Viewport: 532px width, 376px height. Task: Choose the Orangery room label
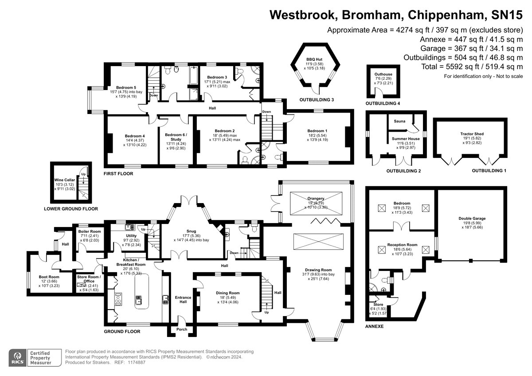click(314, 198)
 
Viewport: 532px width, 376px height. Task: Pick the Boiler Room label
click(90, 231)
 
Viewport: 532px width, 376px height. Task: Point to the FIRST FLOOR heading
click(118, 174)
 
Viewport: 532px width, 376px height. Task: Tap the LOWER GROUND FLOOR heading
click(71, 208)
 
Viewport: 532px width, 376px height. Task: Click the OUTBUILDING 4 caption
click(383, 104)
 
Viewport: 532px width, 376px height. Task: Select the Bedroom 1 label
click(317, 131)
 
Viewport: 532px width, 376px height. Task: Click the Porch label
click(182, 329)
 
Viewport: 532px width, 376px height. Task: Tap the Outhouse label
click(382, 74)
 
